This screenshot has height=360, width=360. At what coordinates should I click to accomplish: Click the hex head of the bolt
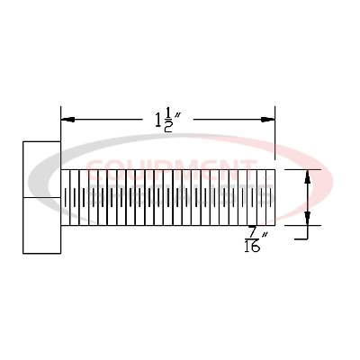[41, 197]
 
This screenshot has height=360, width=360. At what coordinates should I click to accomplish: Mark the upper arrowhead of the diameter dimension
[309, 175]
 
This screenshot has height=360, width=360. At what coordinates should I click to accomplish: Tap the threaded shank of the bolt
[167, 197]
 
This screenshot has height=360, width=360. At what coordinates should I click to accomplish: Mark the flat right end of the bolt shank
[275, 197]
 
